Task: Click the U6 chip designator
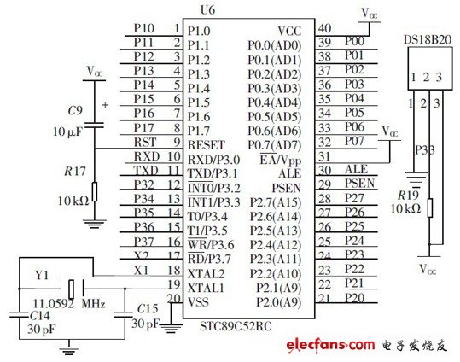[x=230, y=10]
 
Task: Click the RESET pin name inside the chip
[x=207, y=143]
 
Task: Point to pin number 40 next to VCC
[x=324, y=28]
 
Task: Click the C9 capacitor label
[x=74, y=111]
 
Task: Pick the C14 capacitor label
[x=16, y=316]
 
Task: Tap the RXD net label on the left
[x=147, y=157]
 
